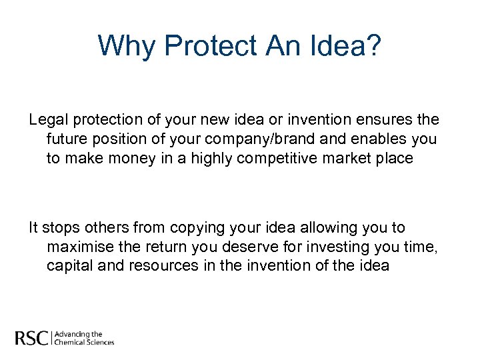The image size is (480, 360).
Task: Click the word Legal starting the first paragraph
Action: click(x=47, y=120)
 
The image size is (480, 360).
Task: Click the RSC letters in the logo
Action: click(x=31, y=338)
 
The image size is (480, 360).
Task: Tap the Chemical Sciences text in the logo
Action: click(x=84, y=342)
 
